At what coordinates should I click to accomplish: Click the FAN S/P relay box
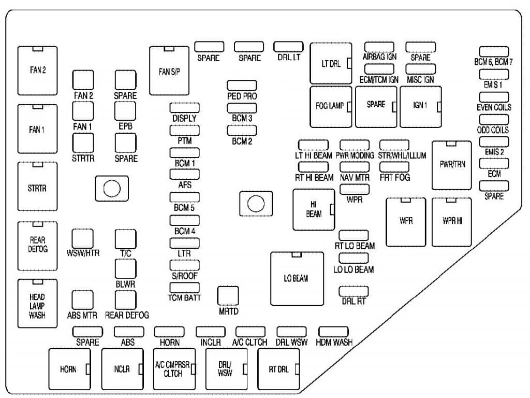[169, 70]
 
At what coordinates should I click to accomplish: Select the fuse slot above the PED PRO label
[242, 86]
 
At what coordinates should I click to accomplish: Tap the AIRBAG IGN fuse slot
[379, 47]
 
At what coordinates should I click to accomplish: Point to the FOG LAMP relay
[331, 107]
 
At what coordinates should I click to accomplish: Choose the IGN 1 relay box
[421, 107]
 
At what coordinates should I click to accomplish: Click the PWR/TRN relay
[451, 165]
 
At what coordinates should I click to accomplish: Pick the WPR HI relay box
[451, 222]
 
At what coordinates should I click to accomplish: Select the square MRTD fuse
[228, 296]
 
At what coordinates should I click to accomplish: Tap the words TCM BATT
[184, 298]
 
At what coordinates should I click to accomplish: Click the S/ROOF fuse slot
[184, 265]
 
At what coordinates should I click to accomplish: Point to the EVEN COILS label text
[494, 107]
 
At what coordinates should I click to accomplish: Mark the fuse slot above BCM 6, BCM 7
[494, 51]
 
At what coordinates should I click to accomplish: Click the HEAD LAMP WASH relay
[37, 304]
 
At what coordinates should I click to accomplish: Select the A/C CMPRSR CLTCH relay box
[174, 369]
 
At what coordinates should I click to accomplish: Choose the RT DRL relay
[278, 369]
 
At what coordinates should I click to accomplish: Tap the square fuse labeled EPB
[125, 111]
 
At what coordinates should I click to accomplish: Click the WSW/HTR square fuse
[82, 238]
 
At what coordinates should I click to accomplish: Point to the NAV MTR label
[355, 177]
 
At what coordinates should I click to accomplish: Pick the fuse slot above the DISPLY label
[184, 108]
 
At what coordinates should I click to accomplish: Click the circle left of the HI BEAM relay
[256, 204]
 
